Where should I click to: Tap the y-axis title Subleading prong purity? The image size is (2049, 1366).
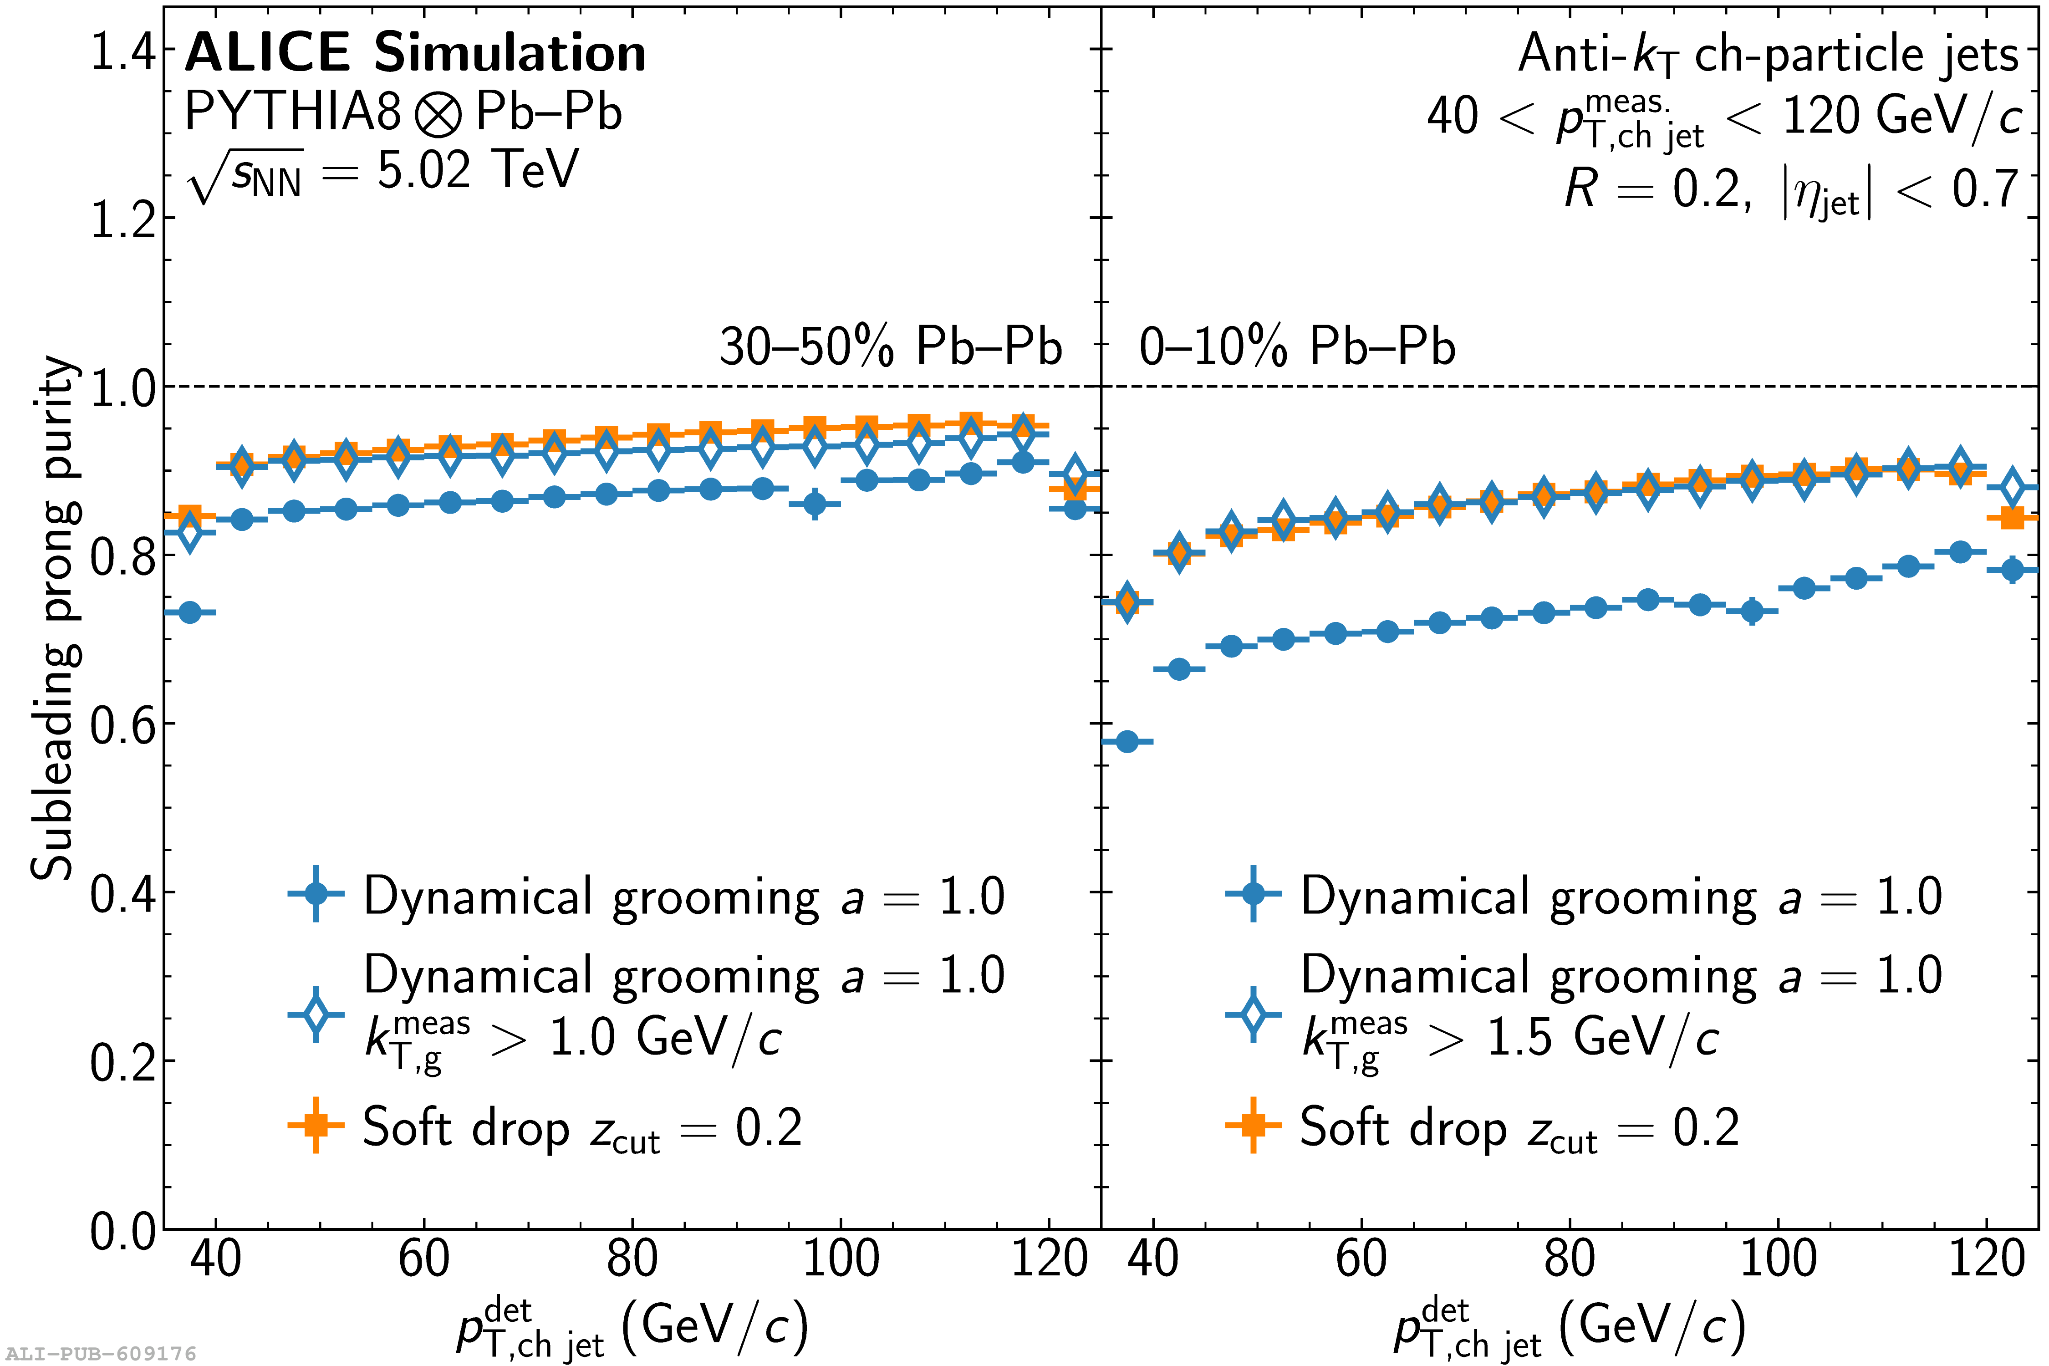[x=54, y=617]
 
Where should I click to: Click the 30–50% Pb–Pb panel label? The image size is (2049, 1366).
[x=890, y=347]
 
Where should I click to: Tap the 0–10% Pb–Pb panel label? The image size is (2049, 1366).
[x=1296, y=347]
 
